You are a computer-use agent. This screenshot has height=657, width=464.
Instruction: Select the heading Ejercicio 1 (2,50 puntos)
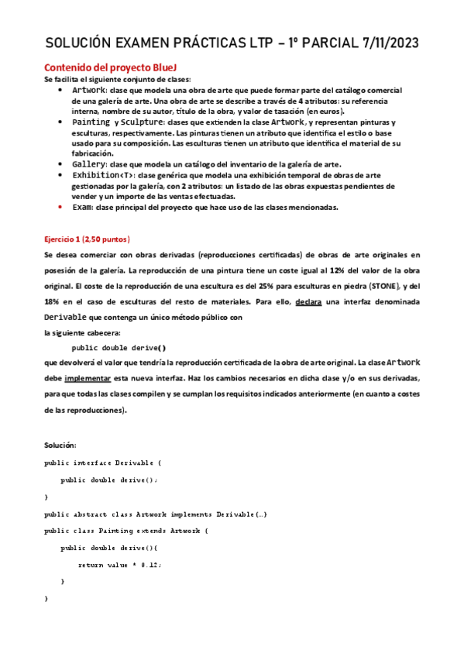tap(87, 239)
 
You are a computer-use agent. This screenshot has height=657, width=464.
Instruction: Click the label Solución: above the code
tap(60, 445)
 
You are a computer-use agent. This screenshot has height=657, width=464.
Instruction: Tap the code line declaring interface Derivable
tap(102, 463)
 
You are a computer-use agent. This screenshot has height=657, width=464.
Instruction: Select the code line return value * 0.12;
tap(119, 564)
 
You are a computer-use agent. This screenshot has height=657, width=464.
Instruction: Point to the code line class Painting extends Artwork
tap(127, 531)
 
